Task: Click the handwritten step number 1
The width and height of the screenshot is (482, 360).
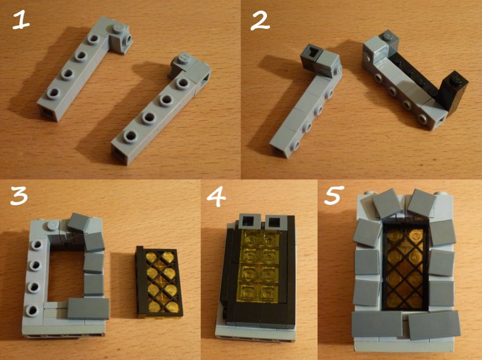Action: coord(21,21)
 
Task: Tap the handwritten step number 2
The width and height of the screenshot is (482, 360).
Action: coord(260,22)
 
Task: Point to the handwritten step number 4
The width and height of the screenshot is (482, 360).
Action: coord(216,197)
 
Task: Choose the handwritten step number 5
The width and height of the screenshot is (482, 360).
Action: coord(333,196)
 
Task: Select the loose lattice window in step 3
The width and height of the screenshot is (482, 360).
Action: coord(159,282)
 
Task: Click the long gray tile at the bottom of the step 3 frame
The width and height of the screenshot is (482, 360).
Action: coord(88,308)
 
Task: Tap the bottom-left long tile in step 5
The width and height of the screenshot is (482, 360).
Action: coord(377,324)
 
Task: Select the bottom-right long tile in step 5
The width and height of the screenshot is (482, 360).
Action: coord(434,324)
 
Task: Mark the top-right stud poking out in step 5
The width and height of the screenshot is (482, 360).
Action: coord(439,194)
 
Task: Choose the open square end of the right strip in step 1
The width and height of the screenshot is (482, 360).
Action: coord(121,156)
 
